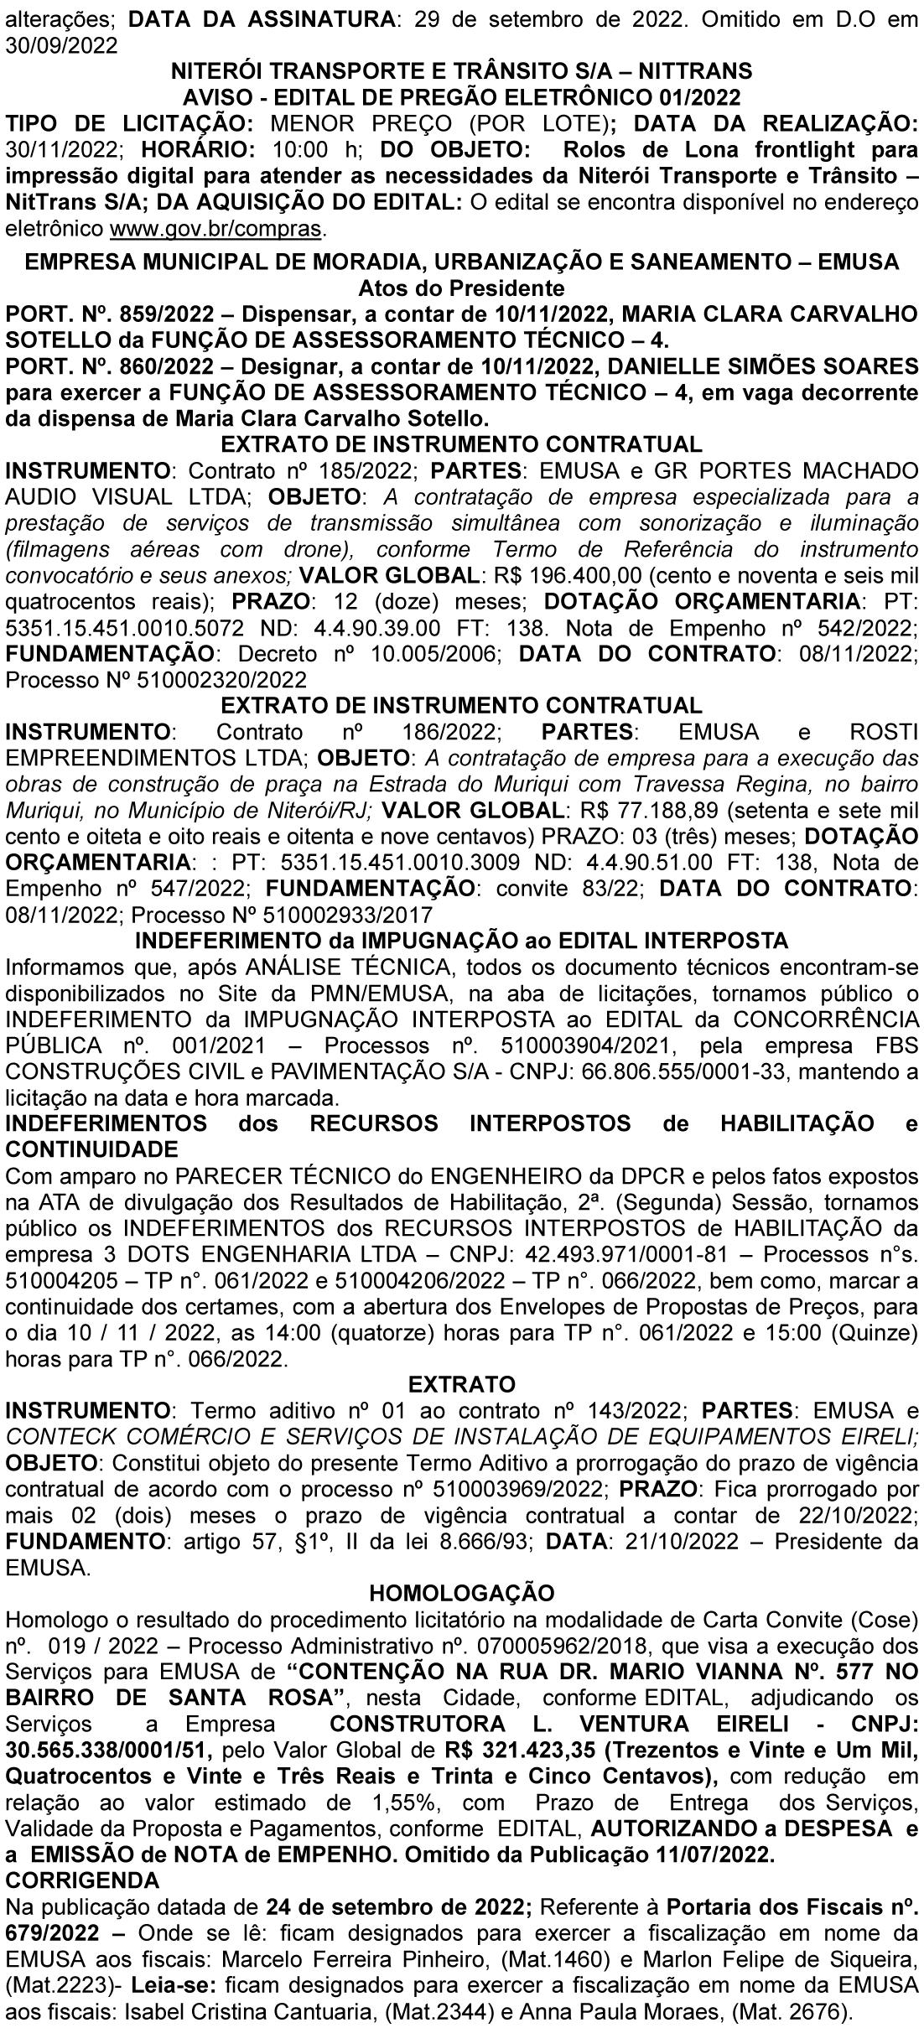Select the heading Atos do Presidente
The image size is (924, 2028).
[x=461, y=289]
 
